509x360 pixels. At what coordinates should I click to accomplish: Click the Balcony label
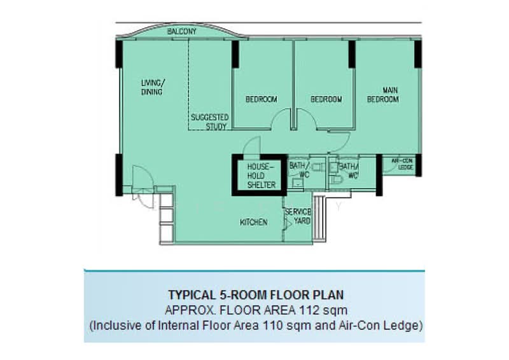point(182,32)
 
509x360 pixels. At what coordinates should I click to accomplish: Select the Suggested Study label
point(210,121)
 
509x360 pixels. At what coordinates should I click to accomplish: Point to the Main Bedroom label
point(383,95)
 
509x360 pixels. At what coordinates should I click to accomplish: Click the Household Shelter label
point(261,176)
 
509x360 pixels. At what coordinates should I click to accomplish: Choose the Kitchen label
point(253,223)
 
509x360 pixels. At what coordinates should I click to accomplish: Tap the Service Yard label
point(298,216)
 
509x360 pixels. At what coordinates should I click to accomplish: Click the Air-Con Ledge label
point(403,164)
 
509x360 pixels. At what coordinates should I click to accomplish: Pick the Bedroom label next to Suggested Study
point(261,99)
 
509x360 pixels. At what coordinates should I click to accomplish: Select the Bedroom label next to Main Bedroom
point(326,99)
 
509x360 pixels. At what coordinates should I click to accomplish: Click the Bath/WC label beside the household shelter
point(299,170)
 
